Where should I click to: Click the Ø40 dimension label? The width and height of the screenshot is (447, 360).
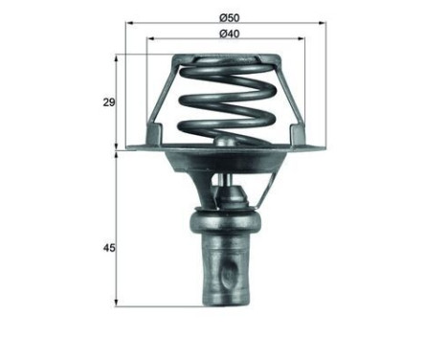(228, 34)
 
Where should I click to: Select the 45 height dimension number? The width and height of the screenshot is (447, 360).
(108, 249)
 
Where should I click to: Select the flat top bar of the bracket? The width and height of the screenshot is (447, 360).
(228, 57)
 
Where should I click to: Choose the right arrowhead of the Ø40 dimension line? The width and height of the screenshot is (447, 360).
(304, 39)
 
